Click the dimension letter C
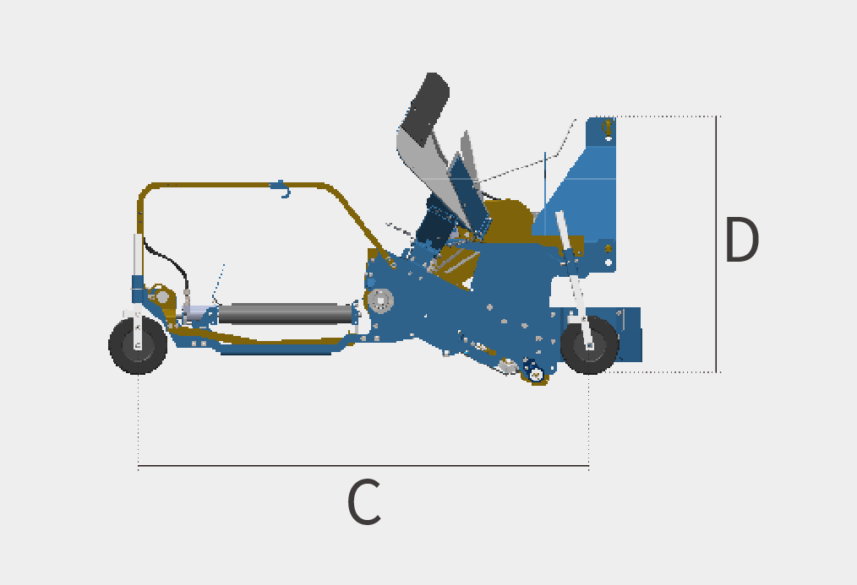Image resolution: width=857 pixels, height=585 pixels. pyautogui.click(x=364, y=502)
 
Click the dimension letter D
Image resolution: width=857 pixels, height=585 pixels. pyautogui.click(x=742, y=240)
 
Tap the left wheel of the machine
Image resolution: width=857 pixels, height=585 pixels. pyautogui.click(x=138, y=345)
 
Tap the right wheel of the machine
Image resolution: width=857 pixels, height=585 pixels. pyautogui.click(x=589, y=345)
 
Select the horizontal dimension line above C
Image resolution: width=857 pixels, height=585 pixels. pyautogui.click(x=363, y=466)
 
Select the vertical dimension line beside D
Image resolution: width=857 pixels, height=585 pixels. pyautogui.click(x=716, y=245)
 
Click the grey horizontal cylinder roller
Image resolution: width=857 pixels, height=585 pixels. pyautogui.click(x=286, y=314)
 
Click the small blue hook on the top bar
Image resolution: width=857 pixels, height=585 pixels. pyautogui.click(x=281, y=189)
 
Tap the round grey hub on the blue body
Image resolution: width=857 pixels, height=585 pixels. pyautogui.click(x=380, y=301)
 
